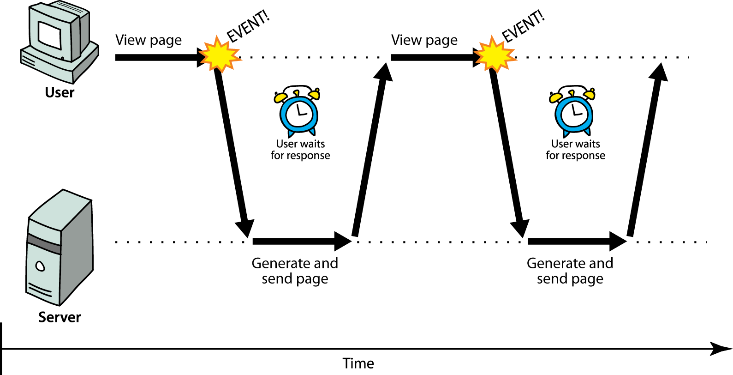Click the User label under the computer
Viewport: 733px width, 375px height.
pyautogui.click(x=60, y=92)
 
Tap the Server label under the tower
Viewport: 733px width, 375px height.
pyautogui.click(x=60, y=317)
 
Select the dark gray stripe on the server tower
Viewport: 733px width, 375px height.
pyautogui.click(x=44, y=244)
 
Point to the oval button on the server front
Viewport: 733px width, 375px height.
pyautogui.click(x=41, y=266)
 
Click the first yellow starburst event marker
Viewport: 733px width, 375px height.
pyautogui.click(x=220, y=55)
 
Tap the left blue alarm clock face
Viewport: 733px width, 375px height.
pyautogui.click(x=299, y=113)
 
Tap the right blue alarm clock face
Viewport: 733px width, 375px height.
pyautogui.click(x=574, y=113)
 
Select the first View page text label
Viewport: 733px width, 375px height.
pyautogui.click(x=149, y=41)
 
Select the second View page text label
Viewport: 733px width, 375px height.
pyautogui.click(x=424, y=41)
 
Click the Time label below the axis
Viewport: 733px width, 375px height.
pyautogui.click(x=358, y=363)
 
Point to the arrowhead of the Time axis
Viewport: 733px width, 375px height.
pyautogui.click(x=722, y=349)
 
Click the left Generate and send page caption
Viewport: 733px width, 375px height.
pyautogui.click(x=295, y=271)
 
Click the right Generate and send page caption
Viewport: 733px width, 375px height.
pyautogui.click(x=570, y=271)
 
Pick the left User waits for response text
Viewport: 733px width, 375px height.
pyautogui.click(x=300, y=150)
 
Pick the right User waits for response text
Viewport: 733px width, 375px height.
pyautogui.click(x=575, y=150)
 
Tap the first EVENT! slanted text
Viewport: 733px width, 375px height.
pyautogui.click(x=248, y=26)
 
